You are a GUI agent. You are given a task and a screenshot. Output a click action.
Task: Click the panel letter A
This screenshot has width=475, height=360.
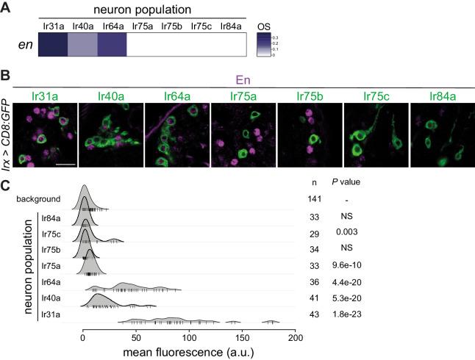(7, 7)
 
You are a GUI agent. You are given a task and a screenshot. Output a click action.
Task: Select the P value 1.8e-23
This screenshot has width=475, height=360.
(357, 314)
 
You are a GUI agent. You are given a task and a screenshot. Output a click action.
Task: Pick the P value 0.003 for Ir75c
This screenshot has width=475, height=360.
(357, 233)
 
